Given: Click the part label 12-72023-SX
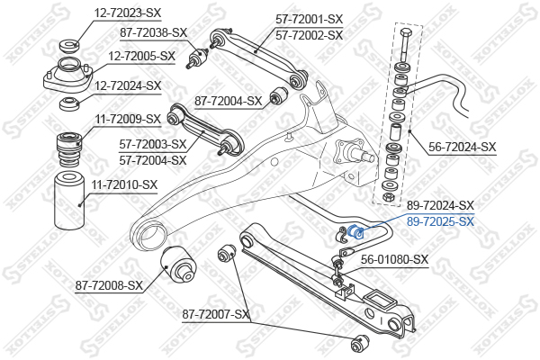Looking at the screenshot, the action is click(x=128, y=13).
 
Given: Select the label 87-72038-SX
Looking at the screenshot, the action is click(x=154, y=33).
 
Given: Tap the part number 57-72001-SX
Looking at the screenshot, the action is click(x=310, y=19).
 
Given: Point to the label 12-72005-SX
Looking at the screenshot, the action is click(x=142, y=56).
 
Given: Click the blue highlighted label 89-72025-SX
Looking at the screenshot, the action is click(x=440, y=221).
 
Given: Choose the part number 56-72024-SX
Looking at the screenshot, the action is click(x=463, y=148).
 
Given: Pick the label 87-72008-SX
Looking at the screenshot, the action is click(x=109, y=285).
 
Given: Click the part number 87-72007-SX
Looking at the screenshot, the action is click(x=216, y=314).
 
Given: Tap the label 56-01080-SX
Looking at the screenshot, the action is click(x=395, y=259).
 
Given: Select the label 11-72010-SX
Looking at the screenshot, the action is click(x=124, y=185).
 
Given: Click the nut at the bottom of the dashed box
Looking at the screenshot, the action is click(x=389, y=197).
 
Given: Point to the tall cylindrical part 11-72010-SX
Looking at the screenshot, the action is click(x=69, y=200).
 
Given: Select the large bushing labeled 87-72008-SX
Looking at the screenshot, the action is click(x=178, y=264).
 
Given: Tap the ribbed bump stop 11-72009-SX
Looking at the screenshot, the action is click(x=69, y=150).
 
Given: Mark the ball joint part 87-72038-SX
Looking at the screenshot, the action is click(x=197, y=58).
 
